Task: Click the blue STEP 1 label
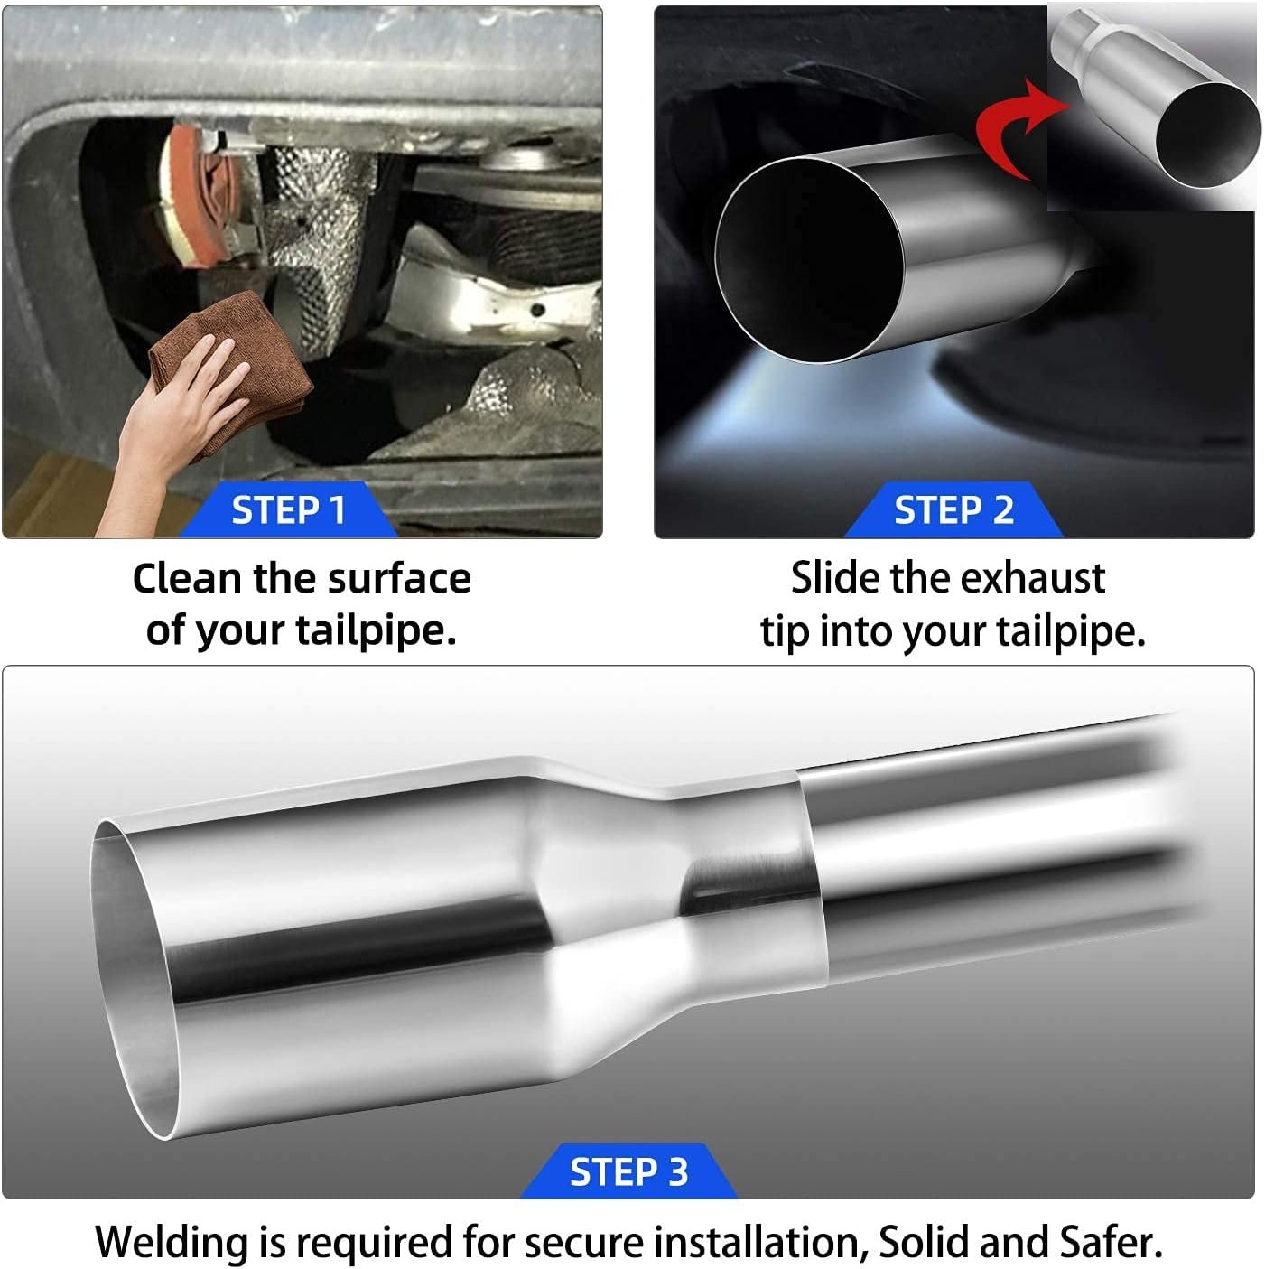pyautogui.click(x=288, y=509)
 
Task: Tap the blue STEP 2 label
pyautogui.click(x=953, y=509)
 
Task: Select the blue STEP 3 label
pyautogui.click(x=628, y=1171)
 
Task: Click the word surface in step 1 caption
pyautogui.click(x=399, y=579)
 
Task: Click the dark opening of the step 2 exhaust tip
pyautogui.click(x=809, y=259)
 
